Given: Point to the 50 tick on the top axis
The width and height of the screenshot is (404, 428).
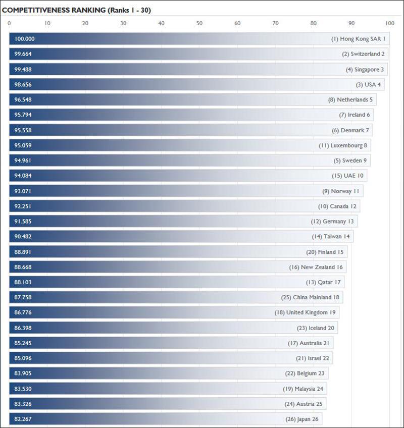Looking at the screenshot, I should pos(199,23).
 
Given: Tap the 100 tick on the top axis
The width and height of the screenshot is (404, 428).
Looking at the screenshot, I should pos(389,23).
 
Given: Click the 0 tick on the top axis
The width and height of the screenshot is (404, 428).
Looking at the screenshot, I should pos(9,23).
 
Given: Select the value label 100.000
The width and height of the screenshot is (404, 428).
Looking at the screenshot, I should pos(25,39).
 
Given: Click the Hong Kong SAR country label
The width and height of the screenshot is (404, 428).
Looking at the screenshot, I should pos(359,39).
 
